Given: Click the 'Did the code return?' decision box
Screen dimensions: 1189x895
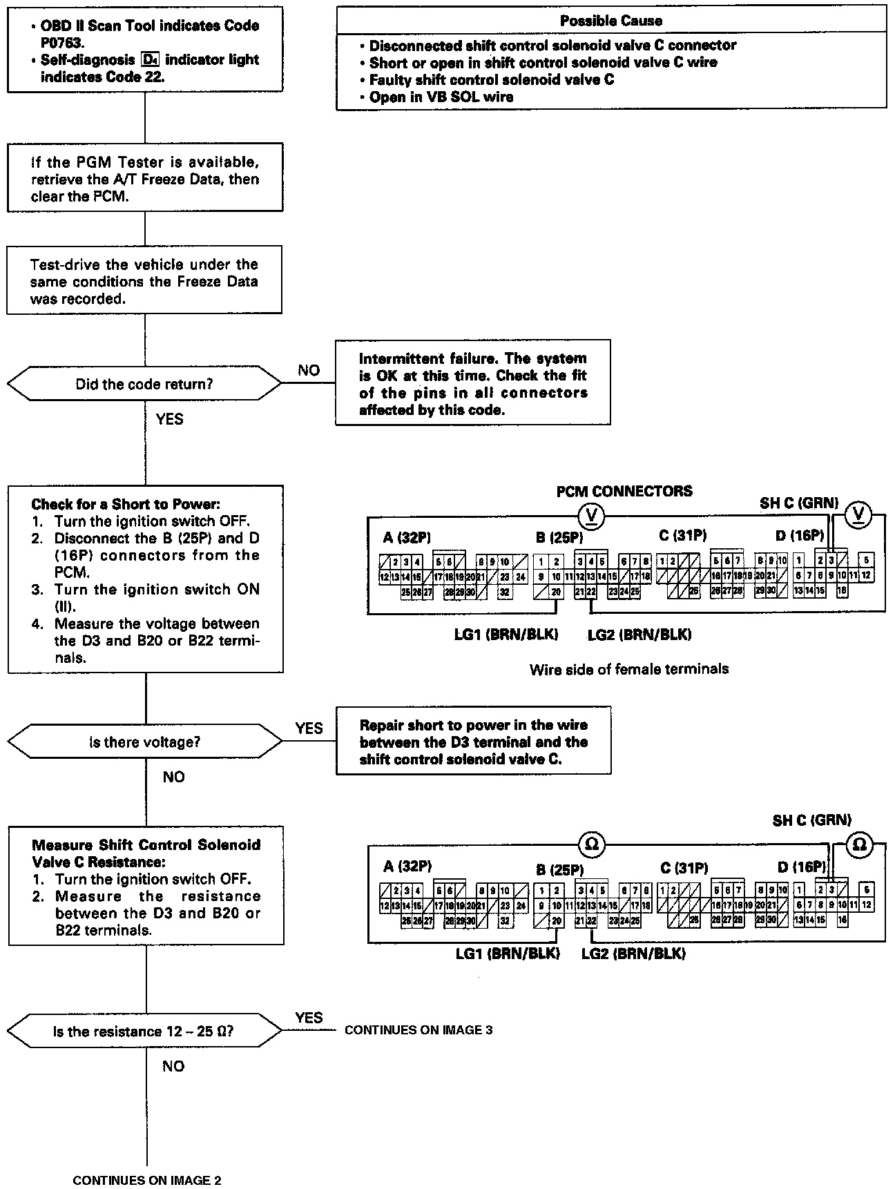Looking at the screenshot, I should (x=144, y=385).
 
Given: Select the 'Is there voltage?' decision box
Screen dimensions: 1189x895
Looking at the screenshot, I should (x=144, y=742).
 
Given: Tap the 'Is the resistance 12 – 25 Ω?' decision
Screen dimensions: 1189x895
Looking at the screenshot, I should (x=144, y=1032).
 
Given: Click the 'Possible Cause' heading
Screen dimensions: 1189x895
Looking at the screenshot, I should (x=610, y=21).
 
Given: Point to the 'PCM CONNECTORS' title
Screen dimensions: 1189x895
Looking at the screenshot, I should (x=624, y=491).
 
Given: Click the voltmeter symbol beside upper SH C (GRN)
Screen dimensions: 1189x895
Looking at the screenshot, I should (x=858, y=513).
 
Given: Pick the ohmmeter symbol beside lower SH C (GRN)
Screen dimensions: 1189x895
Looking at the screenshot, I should (x=859, y=844).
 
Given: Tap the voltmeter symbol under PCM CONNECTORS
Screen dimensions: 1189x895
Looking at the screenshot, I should (x=591, y=514).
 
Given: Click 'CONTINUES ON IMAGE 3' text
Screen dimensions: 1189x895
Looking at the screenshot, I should (x=418, y=1030).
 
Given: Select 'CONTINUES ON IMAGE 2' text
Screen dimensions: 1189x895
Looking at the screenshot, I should (x=146, y=1180).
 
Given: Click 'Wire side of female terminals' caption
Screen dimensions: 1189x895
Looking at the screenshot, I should (x=628, y=668).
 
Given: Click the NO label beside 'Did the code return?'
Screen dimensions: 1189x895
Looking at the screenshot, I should (x=309, y=371).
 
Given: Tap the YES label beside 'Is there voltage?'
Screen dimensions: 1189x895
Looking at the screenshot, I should (x=309, y=728).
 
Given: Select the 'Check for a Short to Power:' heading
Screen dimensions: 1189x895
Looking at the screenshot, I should (x=126, y=504).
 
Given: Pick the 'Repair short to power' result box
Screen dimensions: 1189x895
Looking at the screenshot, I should (x=473, y=742).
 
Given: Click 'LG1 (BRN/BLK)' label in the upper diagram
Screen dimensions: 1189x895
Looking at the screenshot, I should (x=506, y=634).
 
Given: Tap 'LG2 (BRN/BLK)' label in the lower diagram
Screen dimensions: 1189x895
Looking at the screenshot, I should (x=633, y=954).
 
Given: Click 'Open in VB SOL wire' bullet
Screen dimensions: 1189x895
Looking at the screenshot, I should (x=441, y=97).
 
